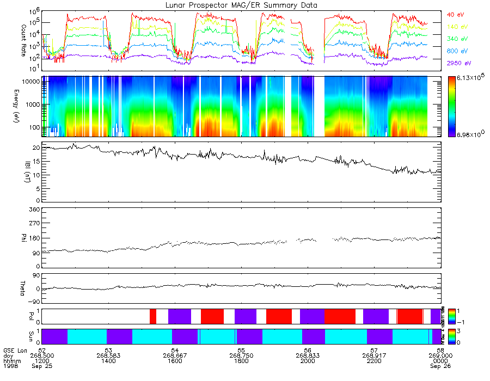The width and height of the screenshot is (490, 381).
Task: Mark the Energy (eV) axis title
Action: click(24, 106)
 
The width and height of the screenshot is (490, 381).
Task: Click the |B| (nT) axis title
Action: click(24, 171)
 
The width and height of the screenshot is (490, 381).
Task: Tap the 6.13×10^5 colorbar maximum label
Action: click(470, 79)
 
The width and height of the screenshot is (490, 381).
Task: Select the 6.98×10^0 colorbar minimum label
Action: click(470, 134)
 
